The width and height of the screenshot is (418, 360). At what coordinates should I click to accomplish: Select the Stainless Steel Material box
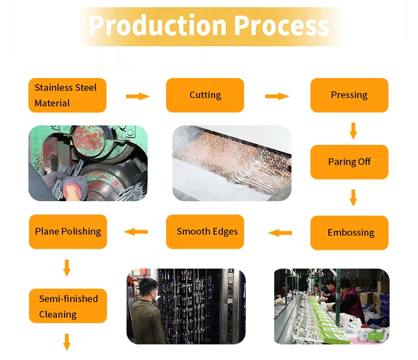point(67,95)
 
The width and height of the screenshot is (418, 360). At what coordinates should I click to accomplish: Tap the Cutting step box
point(205,95)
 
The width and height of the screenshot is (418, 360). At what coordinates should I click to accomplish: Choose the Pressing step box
point(349,95)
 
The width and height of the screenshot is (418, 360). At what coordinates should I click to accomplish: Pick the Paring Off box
point(349,162)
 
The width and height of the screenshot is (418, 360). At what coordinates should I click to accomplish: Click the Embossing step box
point(349,232)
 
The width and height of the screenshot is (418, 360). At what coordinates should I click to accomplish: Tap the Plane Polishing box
point(67,232)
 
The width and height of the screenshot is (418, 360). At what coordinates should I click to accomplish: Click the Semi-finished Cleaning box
point(67,307)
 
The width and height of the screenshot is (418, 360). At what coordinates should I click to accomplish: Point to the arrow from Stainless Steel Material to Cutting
point(138,96)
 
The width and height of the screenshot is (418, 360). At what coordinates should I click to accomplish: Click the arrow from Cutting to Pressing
point(277,96)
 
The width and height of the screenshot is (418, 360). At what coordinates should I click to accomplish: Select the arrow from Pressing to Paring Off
point(353,130)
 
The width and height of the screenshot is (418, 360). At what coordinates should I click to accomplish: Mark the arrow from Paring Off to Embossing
point(353,198)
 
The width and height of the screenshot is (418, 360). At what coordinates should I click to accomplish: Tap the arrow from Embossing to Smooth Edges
point(280,232)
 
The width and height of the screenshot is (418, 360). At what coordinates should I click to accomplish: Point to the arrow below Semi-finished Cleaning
point(67,342)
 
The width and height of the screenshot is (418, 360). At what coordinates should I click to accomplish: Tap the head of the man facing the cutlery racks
point(147,289)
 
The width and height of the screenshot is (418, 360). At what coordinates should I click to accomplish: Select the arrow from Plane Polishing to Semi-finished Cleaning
point(67,267)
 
